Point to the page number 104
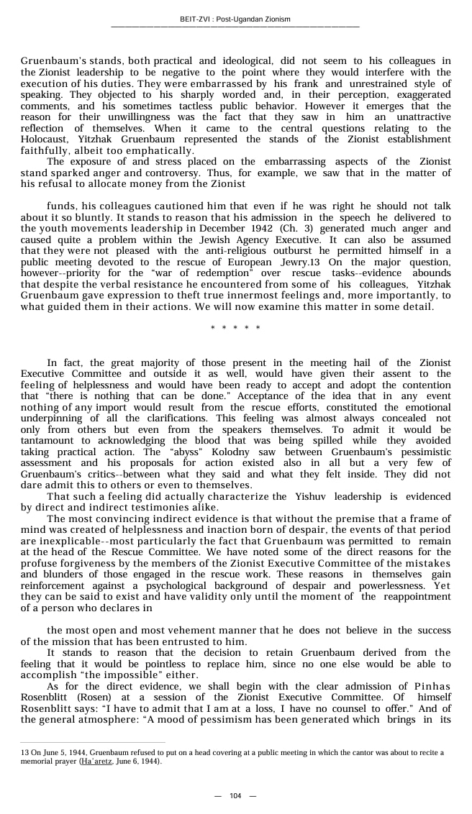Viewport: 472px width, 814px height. click(235, 795)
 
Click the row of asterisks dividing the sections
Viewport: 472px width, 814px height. click(235, 329)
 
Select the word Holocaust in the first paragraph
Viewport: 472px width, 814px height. click(45, 140)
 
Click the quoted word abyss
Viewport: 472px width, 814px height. click(174, 452)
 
